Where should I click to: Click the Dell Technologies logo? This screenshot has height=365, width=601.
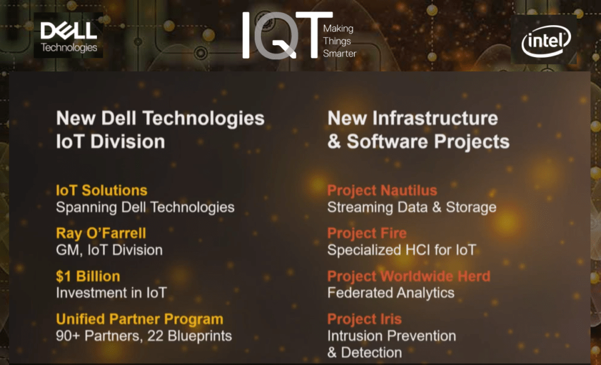pyautogui.click(x=69, y=36)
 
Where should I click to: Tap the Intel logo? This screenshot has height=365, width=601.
pyautogui.click(x=546, y=41)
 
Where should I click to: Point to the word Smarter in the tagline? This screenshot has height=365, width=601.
pyautogui.click(x=340, y=53)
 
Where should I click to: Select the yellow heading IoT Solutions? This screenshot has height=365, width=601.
pyautogui.click(x=102, y=190)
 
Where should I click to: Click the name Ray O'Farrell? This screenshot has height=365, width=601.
pyautogui.click(x=101, y=233)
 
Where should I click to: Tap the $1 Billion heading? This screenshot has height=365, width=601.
pyautogui.click(x=88, y=276)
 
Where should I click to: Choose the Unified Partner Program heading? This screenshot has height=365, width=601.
pyautogui.click(x=140, y=319)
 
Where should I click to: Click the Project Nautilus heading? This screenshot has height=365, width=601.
pyautogui.click(x=382, y=190)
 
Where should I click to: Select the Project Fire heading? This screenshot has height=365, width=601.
pyautogui.click(x=367, y=233)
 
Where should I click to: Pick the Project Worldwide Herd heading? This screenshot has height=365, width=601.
pyautogui.click(x=408, y=276)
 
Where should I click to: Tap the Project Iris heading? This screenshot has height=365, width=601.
pyautogui.click(x=364, y=319)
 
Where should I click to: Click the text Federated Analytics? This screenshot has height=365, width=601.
pyautogui.click(x=390, y=293)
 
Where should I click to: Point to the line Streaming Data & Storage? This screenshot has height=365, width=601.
pyautogui.click(x=411, y=207)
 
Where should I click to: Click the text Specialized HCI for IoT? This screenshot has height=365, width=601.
pyautogui.click(x=401, y=250)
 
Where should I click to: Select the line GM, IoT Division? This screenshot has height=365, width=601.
pyautogui.click(x=109, y=250)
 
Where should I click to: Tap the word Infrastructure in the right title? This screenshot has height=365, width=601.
pyautogui.click(x=435, y=118)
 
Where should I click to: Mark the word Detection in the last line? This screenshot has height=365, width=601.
pyautogui.click(x=372, y=353)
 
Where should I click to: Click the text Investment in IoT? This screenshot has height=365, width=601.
pyautogui.click(x=111, y=293)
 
